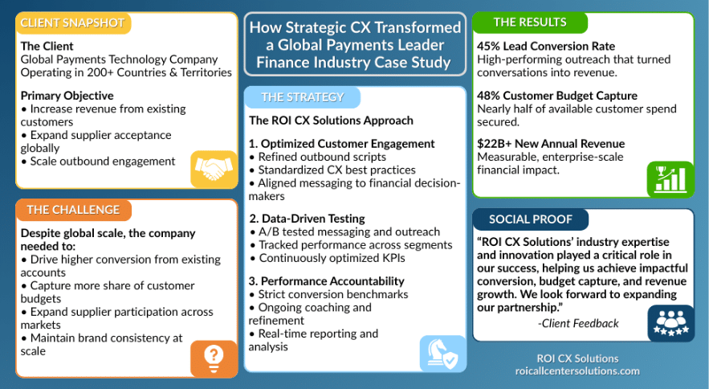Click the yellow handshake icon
pos(214,170)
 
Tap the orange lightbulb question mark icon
pos(214,358)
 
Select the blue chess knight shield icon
pos(442,354)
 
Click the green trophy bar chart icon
pos(670,179)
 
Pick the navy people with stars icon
pos(670,323)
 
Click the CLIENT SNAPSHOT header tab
pos(73,23)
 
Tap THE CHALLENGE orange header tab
pos(73,210)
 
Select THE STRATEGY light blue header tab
pos(303,97)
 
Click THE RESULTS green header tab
pos(530,23)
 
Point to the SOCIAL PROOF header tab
pos(531,219)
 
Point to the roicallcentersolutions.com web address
pos(577,371)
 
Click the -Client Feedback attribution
pos(578,323)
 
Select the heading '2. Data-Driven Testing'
pos(307,219)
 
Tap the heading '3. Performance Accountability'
pos(327,281)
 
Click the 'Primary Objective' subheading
pos(67,96)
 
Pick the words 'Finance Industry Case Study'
pos(353,63)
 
